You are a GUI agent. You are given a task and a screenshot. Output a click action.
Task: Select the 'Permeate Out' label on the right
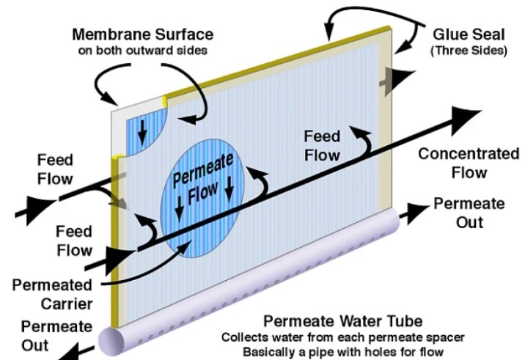click(x=468, y=210)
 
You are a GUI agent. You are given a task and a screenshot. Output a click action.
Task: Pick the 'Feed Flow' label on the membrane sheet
click(x=323, y=145)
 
